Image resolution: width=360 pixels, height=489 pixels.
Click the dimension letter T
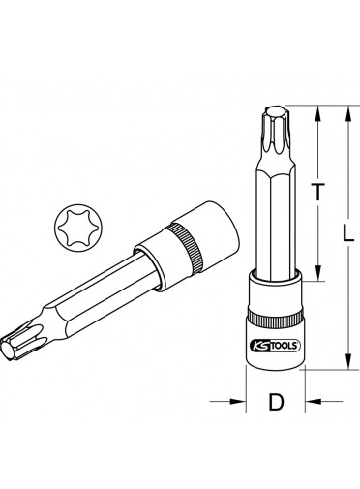coord(318,192)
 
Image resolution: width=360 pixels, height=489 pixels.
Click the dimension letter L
coord(348,233)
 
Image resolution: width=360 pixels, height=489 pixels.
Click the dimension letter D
coord(276,402)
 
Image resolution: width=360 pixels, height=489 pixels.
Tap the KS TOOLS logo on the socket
coord(275,346)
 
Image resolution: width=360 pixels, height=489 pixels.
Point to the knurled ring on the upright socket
coord(275,319)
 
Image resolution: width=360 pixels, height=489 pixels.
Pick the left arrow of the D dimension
coord(226,401)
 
